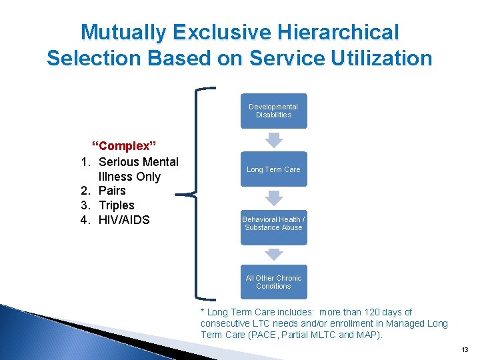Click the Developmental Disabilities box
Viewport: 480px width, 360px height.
coord(273,111)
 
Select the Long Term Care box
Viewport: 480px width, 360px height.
coord(273,169)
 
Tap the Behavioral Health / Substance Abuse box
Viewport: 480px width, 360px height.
coord(273,223)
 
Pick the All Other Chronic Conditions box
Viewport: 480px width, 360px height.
coord(273,282)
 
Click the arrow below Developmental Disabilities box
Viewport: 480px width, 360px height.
coord(273,139)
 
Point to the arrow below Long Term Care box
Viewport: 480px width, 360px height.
coord(273,197)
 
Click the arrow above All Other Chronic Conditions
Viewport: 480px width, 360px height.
coord(273,254)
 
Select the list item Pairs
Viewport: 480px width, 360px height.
coord(112,191)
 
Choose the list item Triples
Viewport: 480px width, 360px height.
coord(117,205)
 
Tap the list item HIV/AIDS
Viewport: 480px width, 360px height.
coord(124,220)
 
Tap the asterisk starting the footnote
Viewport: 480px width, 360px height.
coord(203,311)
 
